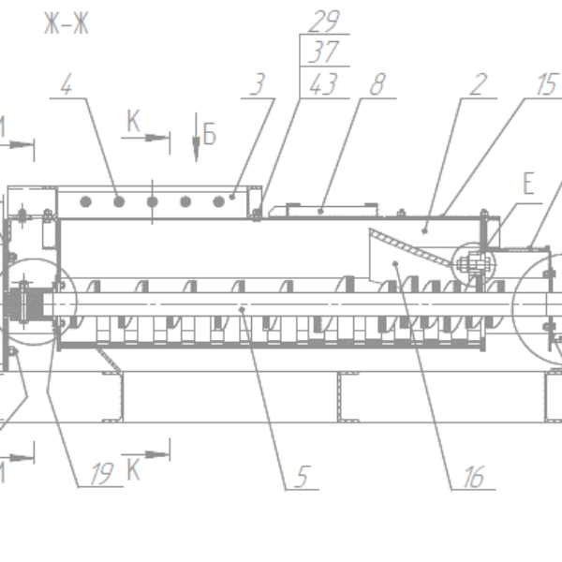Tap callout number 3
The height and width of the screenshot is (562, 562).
tap(258, 85)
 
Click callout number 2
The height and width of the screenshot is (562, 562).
tap(479, 85)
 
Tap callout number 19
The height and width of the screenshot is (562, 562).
tap(104, 474)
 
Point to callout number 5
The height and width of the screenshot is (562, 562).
tap(301, 478)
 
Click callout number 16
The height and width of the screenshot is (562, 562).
tap(473, 479)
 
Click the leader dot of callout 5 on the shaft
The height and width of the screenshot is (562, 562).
tap(243, 308)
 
